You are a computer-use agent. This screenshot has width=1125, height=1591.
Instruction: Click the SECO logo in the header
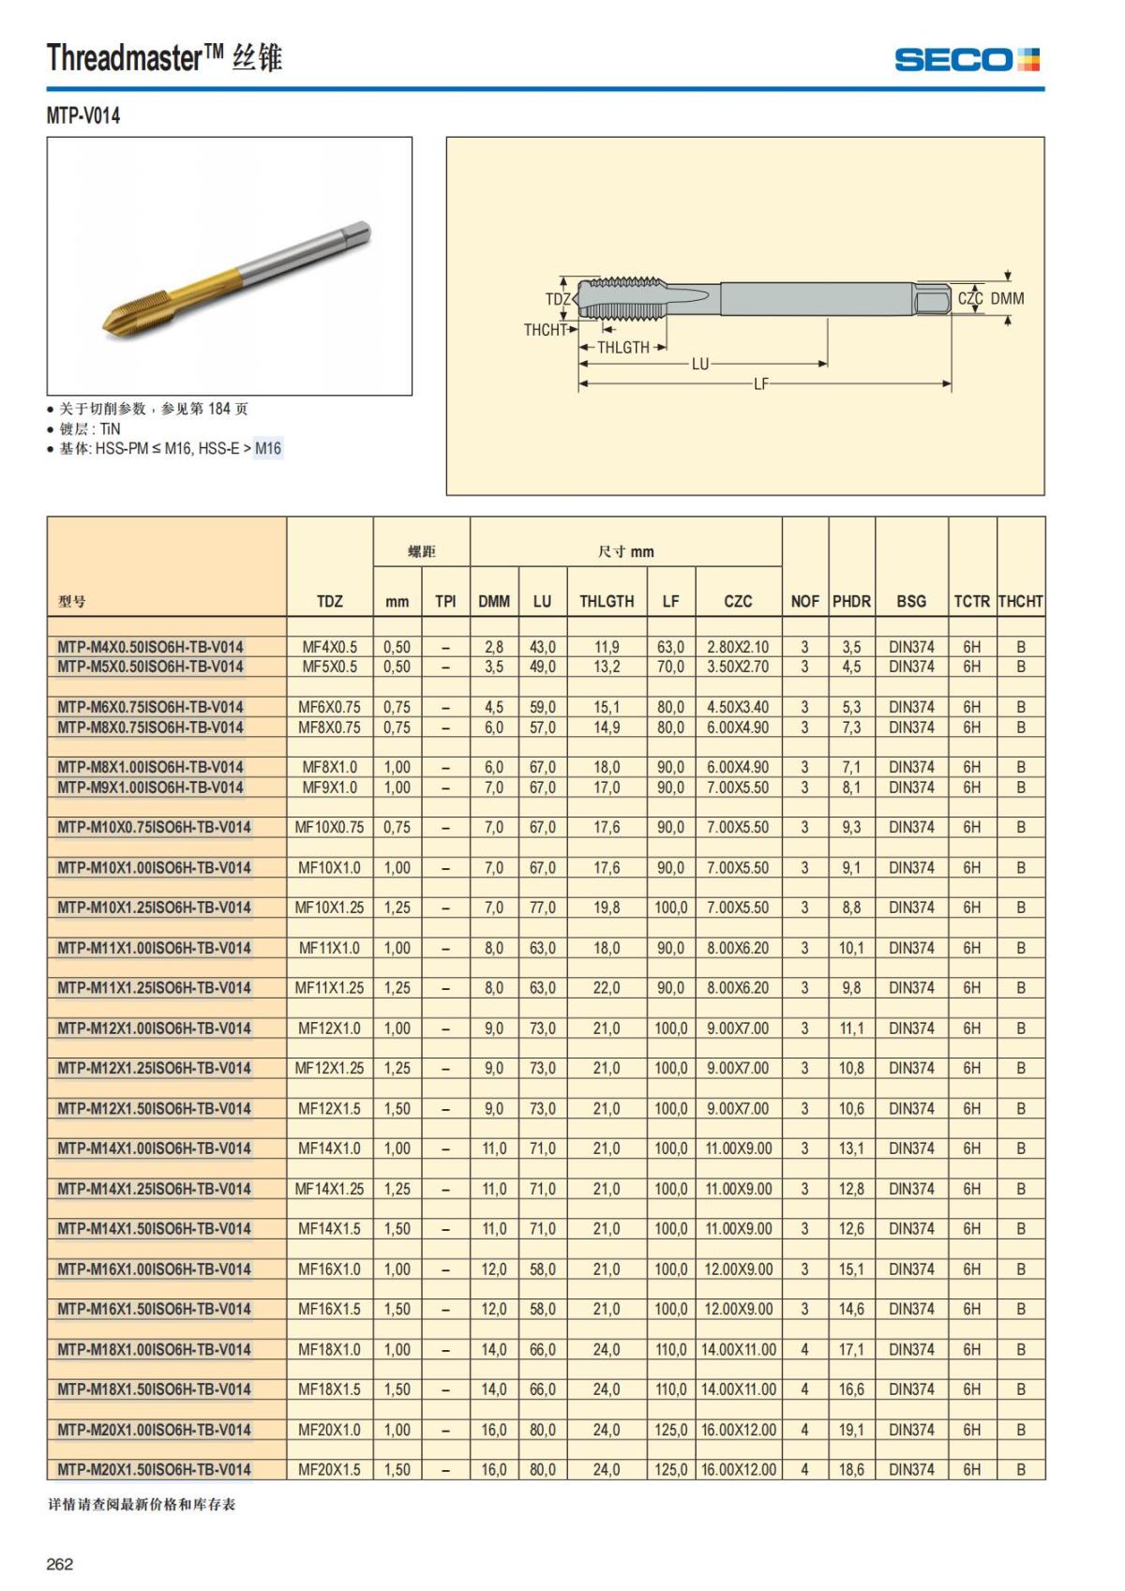pyautogui.click(x=967, y=60)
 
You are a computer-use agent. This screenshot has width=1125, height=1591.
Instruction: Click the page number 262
pyautogui.click(x=60, y=1564)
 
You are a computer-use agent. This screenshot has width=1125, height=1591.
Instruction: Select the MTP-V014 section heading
pyautogui.click(x=83, y=116)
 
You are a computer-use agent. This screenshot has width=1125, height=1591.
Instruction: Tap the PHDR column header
pyautogui.click(x=851, y=601)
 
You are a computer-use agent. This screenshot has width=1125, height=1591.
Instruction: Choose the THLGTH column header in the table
pyautogui.click(x=607, y=601)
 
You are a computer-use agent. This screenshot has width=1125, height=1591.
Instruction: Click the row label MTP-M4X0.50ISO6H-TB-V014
pyautogui.click(x=150, y=647)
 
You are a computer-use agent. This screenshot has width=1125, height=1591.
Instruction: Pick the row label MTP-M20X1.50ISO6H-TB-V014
pyautogui.click(x=154, y=1469)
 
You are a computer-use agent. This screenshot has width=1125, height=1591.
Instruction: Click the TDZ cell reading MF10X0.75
pyautogui.click(x=329, y=827)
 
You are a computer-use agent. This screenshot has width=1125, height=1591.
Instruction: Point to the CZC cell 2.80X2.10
pyautogui.click(x=738, y=647)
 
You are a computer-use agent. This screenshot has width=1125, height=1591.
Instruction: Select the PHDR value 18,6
pyautogui.click(x=851, y=1469)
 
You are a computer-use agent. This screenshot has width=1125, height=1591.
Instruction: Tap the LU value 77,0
pyautogui.click(x=542, y=908)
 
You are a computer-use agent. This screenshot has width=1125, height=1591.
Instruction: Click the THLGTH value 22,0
pyautogui.click(x=607, y=987)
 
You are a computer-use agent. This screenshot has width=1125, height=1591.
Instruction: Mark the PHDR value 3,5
pyautogui.click(x=851, y=647)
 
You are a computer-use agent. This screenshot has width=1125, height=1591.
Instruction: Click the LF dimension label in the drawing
pyautogui.click(x=760, y=383)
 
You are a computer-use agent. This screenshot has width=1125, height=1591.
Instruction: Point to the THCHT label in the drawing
pyautogui.click(x=545, y=330)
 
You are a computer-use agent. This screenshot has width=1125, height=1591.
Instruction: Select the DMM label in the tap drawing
pyautogui.click(x=1007, y=298)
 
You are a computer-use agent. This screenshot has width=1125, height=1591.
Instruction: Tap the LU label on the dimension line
pyautogui.click(x=700, y=364)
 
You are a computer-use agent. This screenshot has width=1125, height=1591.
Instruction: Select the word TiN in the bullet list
pyautogui.click(x=110, y=428)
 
